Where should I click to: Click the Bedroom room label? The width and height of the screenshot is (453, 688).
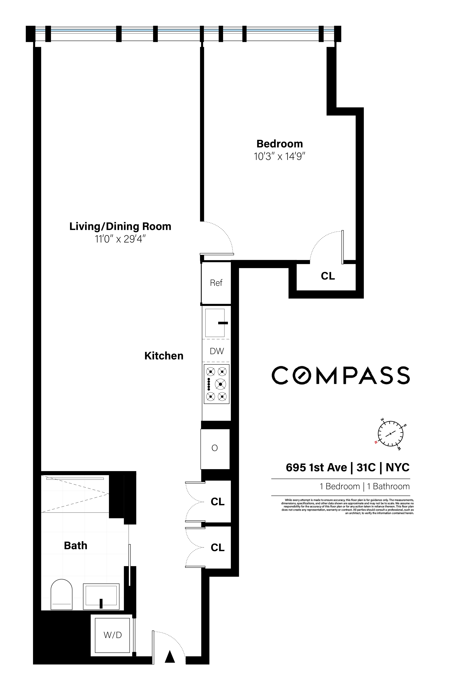(x=279, y=144)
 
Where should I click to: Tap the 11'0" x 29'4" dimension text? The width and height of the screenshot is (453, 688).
(x=120, y=239)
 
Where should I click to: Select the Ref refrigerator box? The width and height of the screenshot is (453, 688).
(x=216, y=283)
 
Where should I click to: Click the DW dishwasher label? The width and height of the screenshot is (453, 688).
(x=217, y=351)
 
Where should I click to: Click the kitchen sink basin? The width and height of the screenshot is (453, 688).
(x=215, y=323)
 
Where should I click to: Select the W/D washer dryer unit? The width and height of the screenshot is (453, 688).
(x=113, y=635)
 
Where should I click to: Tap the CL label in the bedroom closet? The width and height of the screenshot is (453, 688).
(x=328, y=276)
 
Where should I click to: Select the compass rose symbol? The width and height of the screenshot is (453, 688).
(x=390, y=433)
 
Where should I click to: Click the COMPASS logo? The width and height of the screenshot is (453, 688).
(x=340, y=375)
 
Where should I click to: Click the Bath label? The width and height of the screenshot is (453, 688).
(x=75, y=545)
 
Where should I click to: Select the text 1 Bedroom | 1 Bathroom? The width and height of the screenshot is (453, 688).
(x=365, y=487)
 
